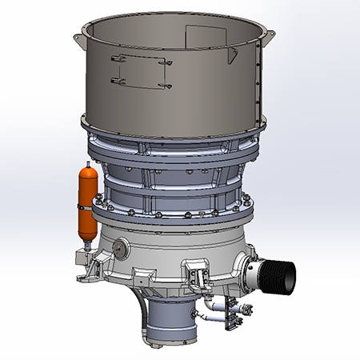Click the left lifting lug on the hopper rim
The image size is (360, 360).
(x=78, y=38)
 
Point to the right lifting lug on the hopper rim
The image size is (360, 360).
(x=270, y=36)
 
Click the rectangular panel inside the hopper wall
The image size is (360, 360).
(x=201, y=36)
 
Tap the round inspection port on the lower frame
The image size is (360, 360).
(x=121, y=249)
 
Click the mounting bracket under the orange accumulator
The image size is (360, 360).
(x=82, y=258)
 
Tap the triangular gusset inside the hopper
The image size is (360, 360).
(x=233, y=54)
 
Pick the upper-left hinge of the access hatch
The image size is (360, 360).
(x=115, y=57)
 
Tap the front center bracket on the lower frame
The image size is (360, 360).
(x=194, y=272)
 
